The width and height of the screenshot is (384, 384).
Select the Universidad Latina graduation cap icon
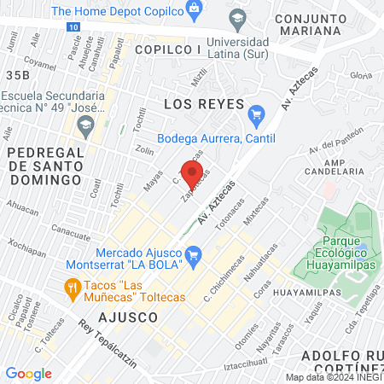(x=236, y=17)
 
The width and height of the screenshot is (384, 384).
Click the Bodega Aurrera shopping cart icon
(x=255, y=113)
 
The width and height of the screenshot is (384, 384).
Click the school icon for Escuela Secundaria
(x=84, y=127)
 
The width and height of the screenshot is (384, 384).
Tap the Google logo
(x=28, y=373)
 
